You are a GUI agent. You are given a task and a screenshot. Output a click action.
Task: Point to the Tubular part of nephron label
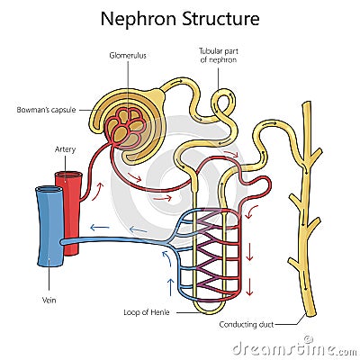tap(218, 57)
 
